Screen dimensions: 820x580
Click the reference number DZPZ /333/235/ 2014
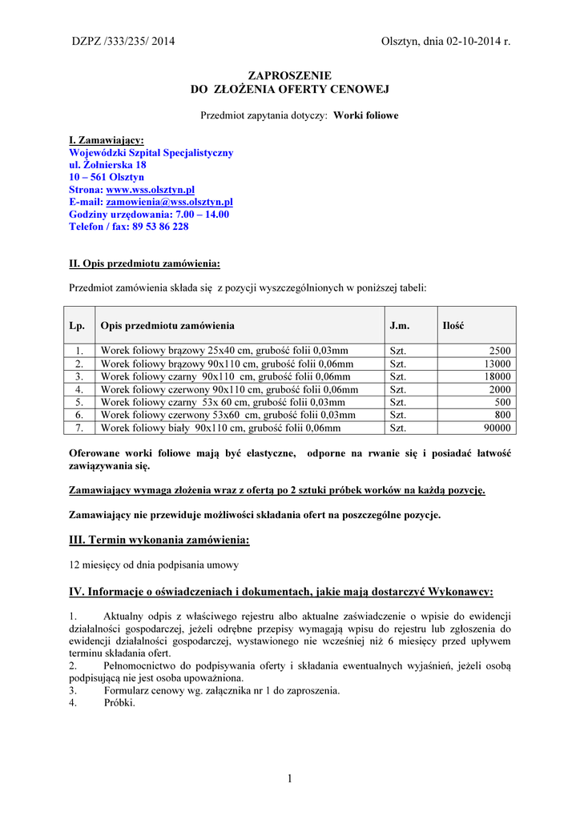[123, 42]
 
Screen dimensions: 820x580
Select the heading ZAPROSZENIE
[289, 75]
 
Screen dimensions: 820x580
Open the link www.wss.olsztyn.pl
[151, 190]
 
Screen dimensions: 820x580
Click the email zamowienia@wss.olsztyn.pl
[170, 203]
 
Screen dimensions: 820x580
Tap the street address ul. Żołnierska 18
[107, 165]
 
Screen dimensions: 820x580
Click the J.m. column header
[400, 326]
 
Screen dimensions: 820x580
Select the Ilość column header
[453, 326]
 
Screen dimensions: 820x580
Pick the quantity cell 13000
[497, 364]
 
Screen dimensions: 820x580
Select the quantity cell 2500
[501, 351]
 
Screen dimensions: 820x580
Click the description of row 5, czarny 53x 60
[223, 402]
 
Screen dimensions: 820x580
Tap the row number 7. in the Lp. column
[79, 428]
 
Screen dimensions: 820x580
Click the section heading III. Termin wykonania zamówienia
[159, 541]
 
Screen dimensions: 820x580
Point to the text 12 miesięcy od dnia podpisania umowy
[154, 565]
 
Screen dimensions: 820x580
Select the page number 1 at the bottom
[290, 778]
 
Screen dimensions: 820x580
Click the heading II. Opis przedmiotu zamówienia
[144, 263]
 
